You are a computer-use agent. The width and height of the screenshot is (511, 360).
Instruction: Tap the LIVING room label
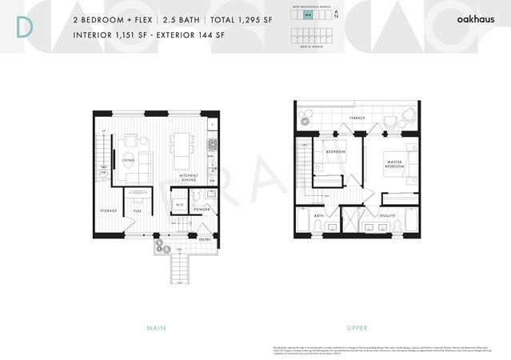tap(128, 159)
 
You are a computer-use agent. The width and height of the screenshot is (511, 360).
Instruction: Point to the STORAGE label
tap(109, 210)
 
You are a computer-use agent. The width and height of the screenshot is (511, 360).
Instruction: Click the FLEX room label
tap(138, 210)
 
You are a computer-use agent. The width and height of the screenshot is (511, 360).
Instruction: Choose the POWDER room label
tap(202, 210)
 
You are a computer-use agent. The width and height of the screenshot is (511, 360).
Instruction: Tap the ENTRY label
tap(205, 239)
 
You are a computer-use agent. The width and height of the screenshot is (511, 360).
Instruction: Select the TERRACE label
tap(357, 118)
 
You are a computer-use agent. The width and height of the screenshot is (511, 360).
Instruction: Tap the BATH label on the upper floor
tap(318, 215)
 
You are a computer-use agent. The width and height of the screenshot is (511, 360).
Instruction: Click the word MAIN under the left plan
tap(156, 329)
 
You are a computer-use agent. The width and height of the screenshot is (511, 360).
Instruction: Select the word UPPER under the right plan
tap(357, 329)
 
